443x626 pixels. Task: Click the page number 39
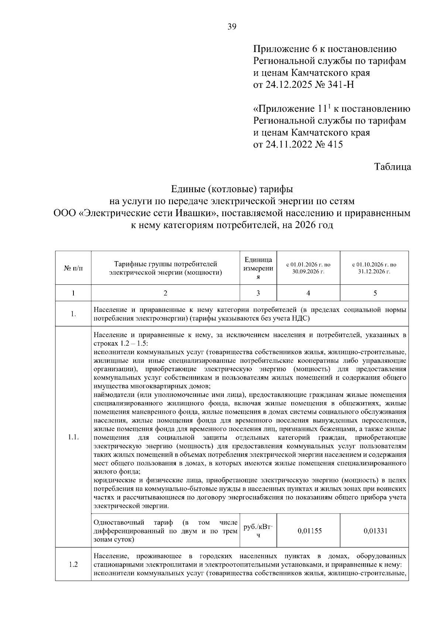click(x=232, y=27)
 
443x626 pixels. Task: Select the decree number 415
click(x=334, y=144)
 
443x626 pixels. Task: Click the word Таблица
click(x=393, y=167)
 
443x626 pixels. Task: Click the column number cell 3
click(x=258, y=293)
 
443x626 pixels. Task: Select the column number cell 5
click(x=375, y=293)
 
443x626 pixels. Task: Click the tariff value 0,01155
click(x=310, y=531)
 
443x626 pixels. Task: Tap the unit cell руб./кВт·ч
click(x=258, y=531)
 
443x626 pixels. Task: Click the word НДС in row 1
click(x=302, y=318)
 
